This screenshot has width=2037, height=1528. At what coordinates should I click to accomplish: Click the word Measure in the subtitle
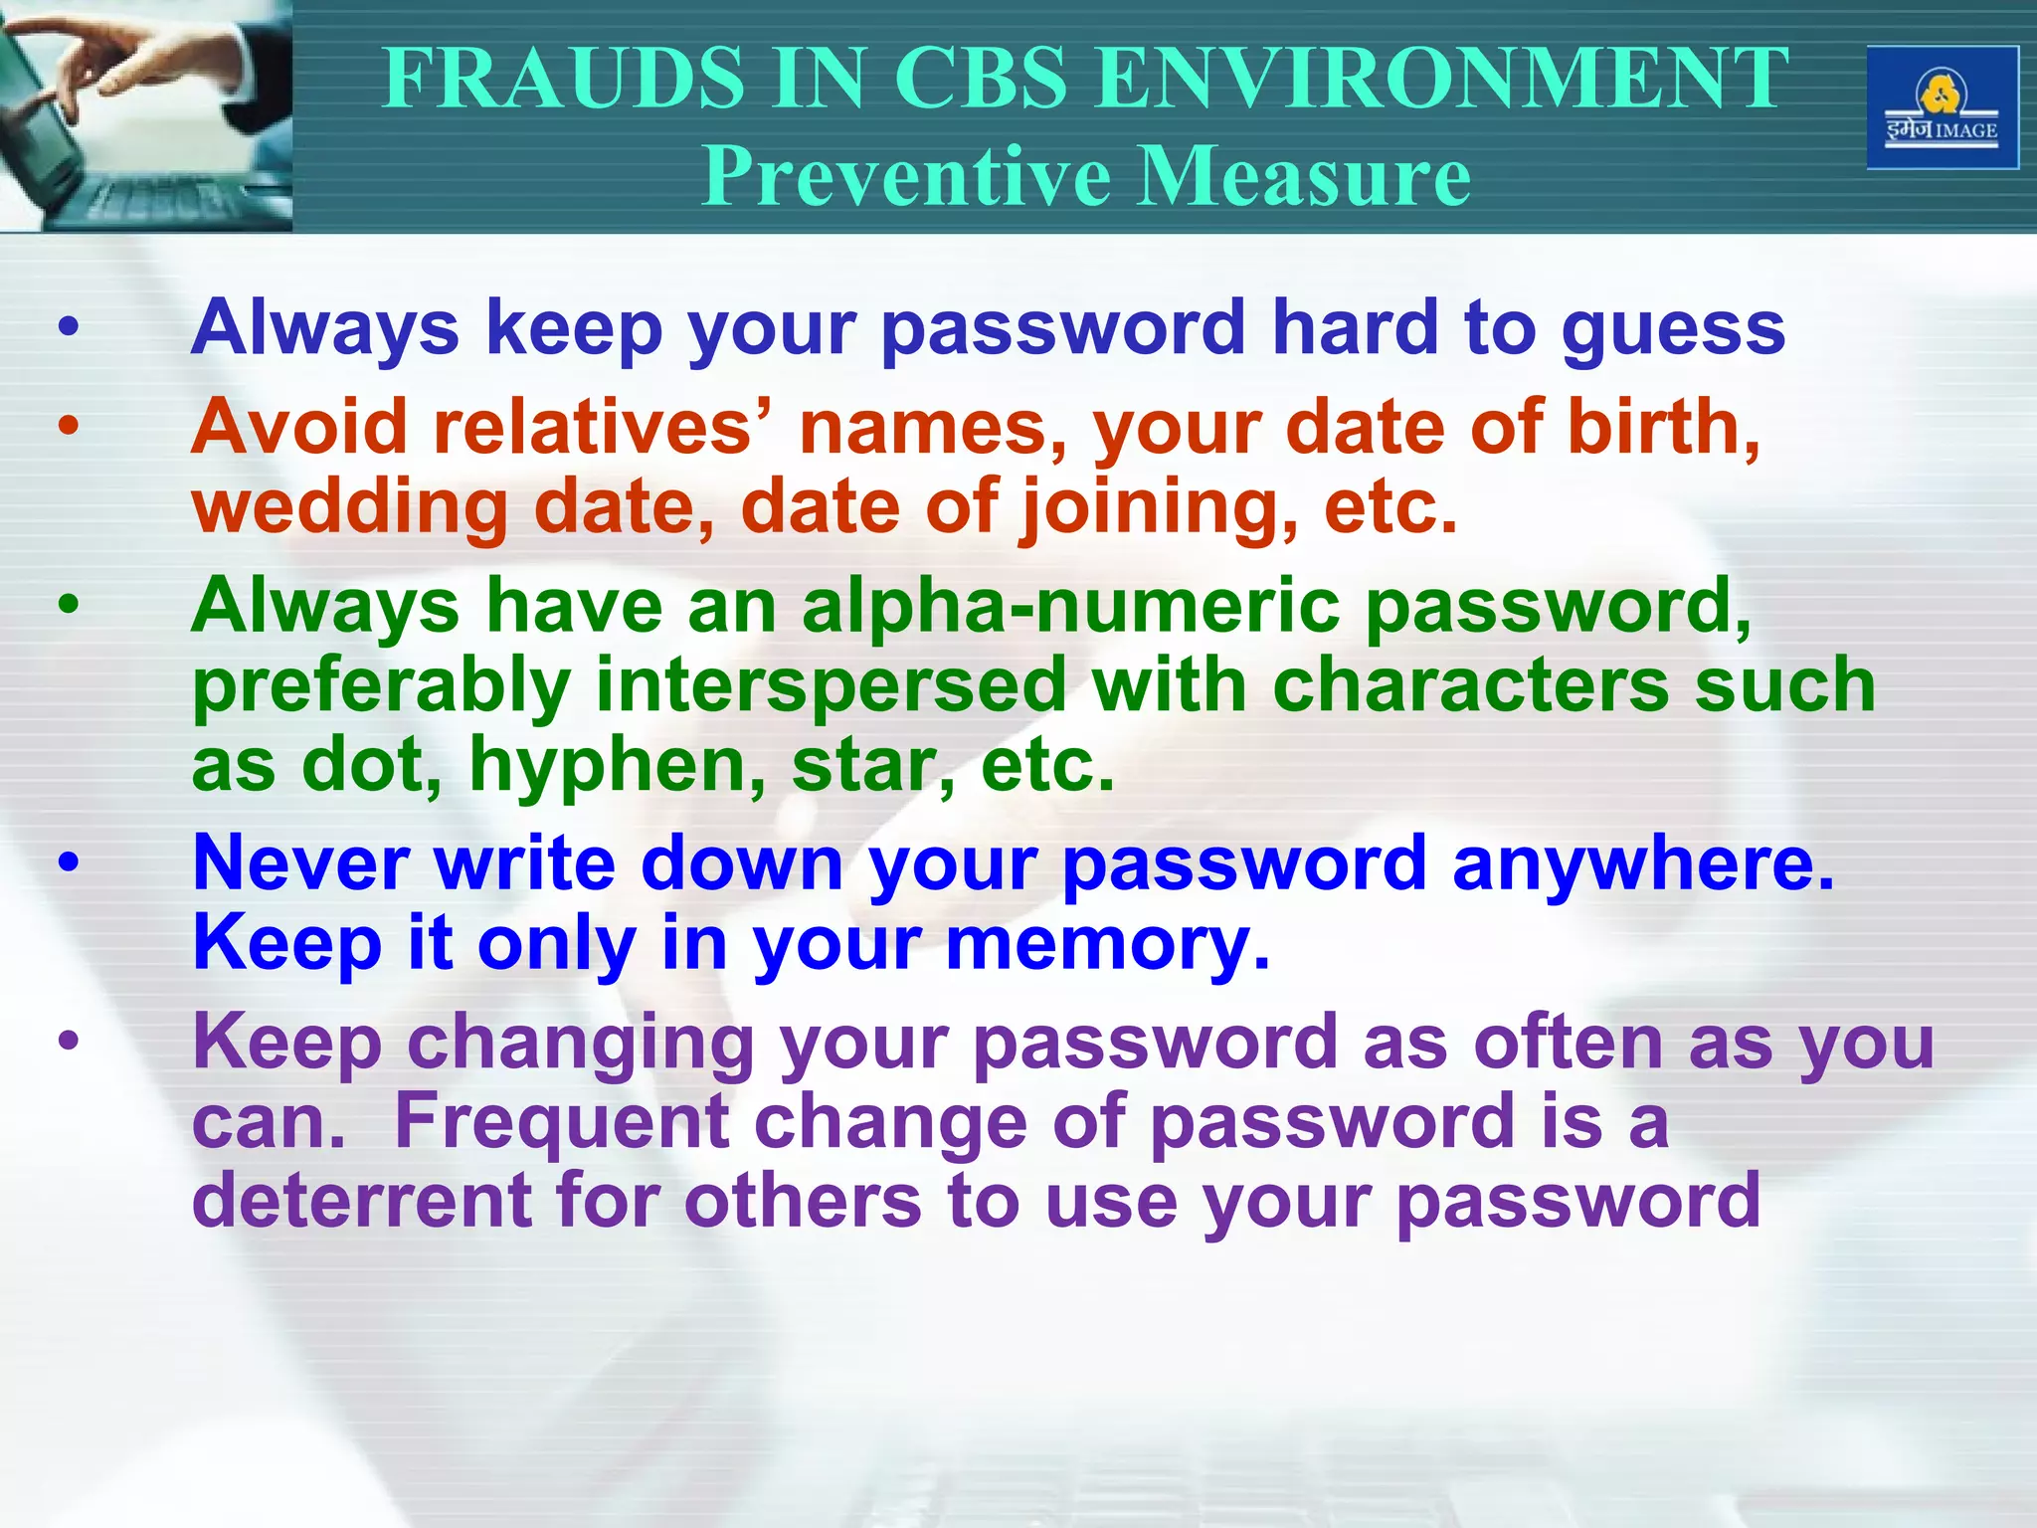1305,176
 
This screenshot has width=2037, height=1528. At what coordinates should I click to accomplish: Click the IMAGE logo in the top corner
1942,108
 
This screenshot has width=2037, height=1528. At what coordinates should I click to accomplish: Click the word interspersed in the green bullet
831,685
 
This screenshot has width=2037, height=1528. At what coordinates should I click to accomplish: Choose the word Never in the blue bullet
300,862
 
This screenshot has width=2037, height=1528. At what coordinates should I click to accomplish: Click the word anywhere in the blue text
1642,862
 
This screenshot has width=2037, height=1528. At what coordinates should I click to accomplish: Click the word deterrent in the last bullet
361,1201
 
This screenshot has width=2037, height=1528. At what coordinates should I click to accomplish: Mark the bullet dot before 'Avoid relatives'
68,427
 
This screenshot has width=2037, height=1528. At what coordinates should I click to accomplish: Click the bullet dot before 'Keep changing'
68,1042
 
